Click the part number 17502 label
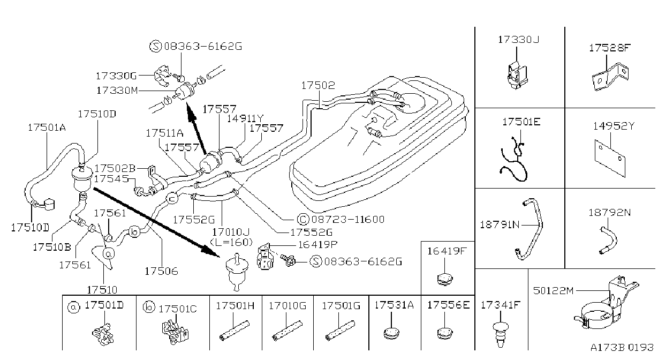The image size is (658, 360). coord(318,85)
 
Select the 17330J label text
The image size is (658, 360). coord(518,40)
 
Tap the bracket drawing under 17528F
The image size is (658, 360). coord(610,78)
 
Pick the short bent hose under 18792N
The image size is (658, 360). coord(609,240)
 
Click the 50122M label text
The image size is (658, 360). coord(553,291)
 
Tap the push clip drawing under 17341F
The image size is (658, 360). coord(501,334)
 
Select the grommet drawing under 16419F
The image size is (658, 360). coord(445,279)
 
